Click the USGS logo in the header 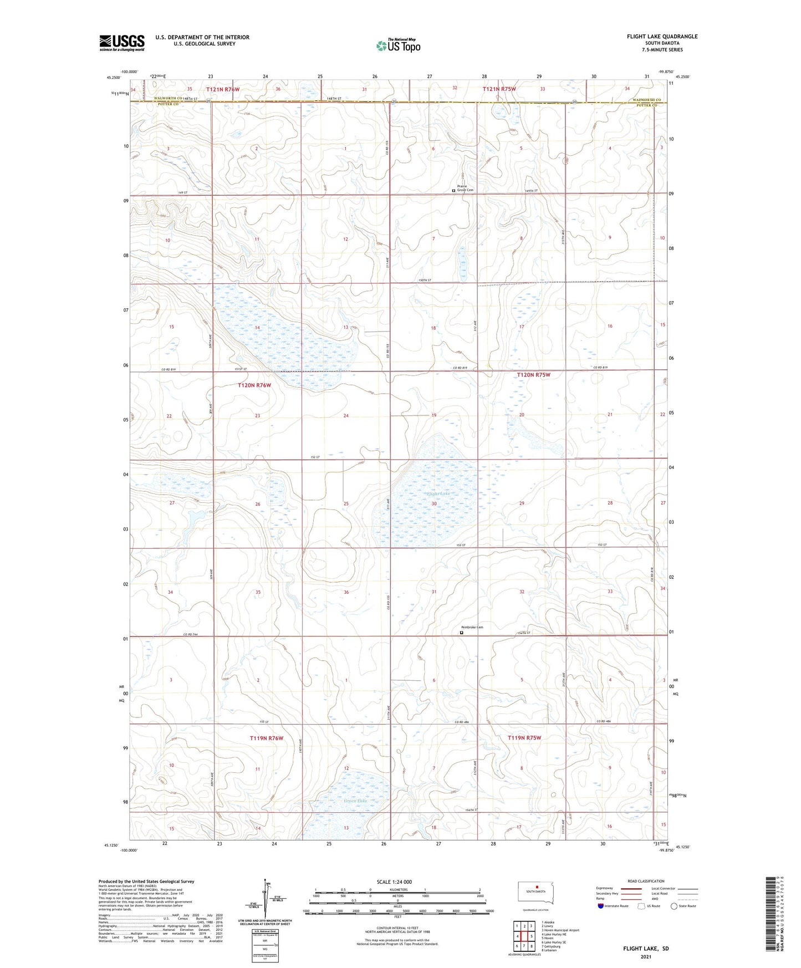[x=121, y=43]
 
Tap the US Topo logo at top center [x=398, y=45]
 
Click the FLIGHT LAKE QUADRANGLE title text [x=662, y=37]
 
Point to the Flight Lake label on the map [x=437, y=493]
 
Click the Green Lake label [x=355, y=801]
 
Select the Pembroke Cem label [x=472, y=627]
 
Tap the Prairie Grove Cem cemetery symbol [x=453, y=190]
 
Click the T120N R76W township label [x=254, y=385]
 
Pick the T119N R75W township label [x=524, y=738]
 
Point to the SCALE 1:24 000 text [x=394, y=882]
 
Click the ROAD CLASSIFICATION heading [x=646, y=881]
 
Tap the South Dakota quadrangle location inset [x=535, y=893]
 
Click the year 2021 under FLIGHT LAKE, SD [x=646, y=956]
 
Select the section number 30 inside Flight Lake [x=434, y=503]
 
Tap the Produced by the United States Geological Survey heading [x=146, y=881]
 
